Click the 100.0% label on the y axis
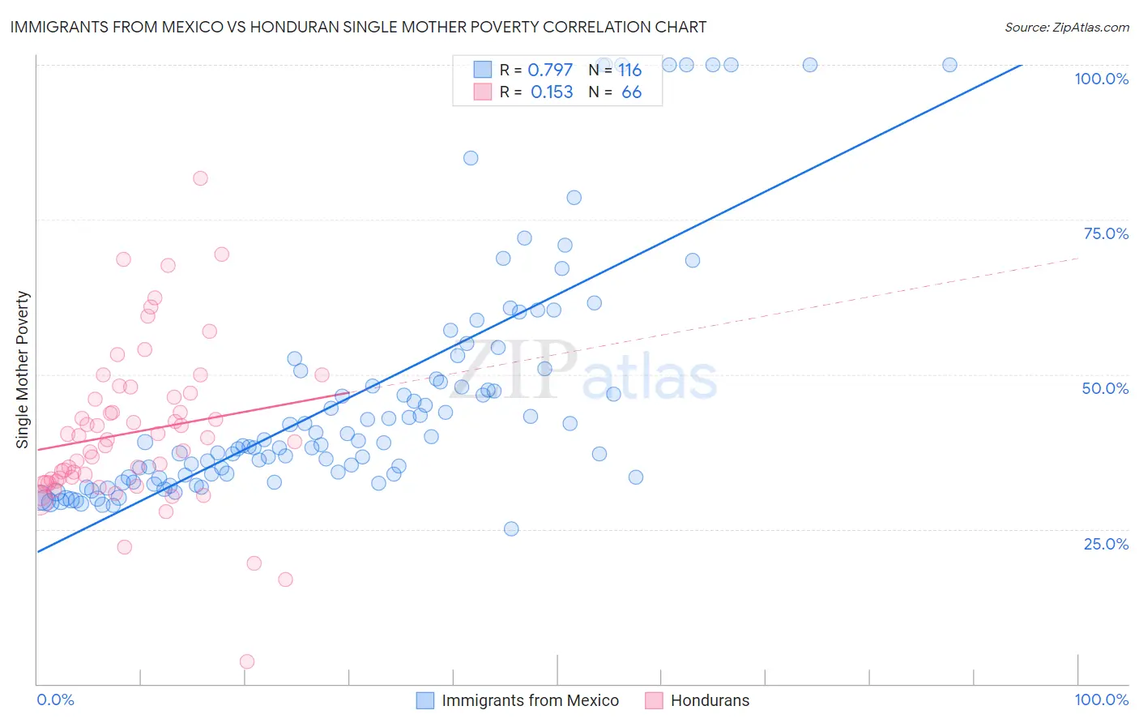[x=1101, y=79]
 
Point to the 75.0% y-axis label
[x=1106, y=233]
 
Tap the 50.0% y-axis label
[x=1105, y=388]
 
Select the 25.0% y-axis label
[x=1106, y=543]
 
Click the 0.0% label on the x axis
[x=55, y=699]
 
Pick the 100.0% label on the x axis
[x=1101, y=699]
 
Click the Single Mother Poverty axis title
[x=23, y=370]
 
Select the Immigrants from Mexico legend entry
[x=530, y=700]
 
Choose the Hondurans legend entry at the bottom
[x=710, y=700]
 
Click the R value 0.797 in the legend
[x=550, y=70]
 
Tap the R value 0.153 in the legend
[x=552, y=92]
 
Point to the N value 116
[x=629, y=70]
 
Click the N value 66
[x=631, y=92]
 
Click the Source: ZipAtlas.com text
[x=1066, y=27]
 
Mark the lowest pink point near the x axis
[x=247, y=661]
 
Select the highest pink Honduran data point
[x=200, y=178]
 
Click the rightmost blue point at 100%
[x=949, y=65]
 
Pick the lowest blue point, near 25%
[x=511, y=528]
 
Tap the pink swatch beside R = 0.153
[x=483, y=92]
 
